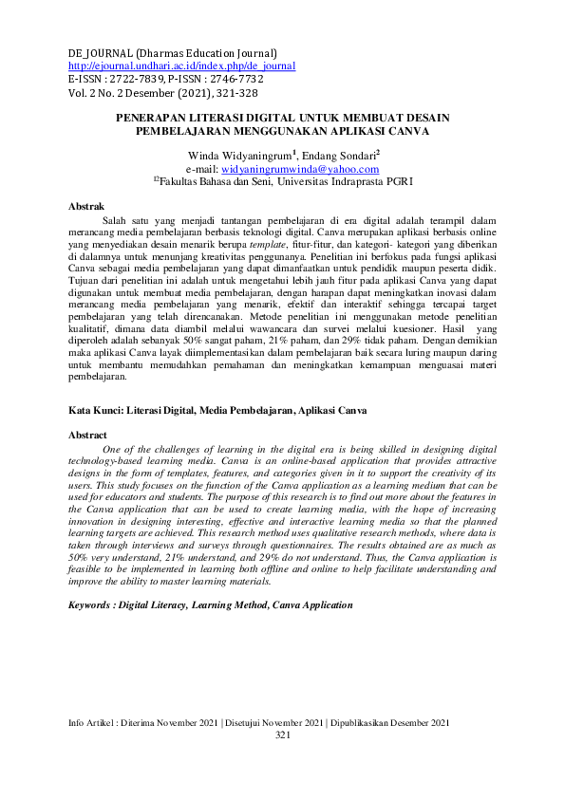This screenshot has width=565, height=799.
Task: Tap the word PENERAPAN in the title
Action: (155, 117)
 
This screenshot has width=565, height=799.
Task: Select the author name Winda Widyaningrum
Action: (239, 154)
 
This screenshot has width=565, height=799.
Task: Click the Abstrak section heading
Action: (87, 206)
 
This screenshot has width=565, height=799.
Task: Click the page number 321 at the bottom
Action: (282, 762)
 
